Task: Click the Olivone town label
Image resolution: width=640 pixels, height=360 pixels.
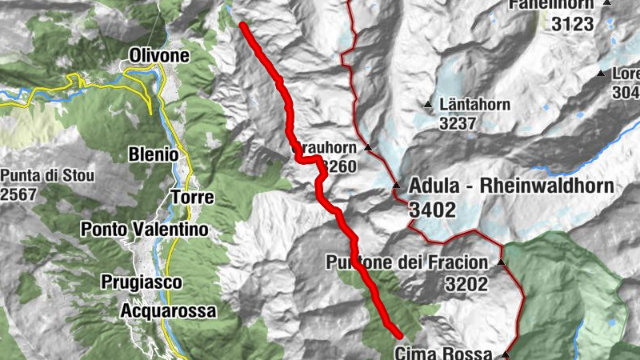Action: pos(159,56)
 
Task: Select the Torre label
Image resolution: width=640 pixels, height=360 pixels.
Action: pos(191,197)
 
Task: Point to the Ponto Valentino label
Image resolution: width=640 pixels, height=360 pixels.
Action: pos(144,230)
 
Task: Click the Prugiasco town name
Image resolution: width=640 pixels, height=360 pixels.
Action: pos(142,282)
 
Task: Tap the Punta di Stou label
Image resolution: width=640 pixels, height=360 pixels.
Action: pos(48,176)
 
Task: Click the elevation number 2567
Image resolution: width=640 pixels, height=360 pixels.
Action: pos(20,195)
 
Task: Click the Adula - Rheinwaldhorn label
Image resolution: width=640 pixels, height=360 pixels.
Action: pos(510,186)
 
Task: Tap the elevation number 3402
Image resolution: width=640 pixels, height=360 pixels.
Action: pos(431,210)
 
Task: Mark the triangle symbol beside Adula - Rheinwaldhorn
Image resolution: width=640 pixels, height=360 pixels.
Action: pos(396,186)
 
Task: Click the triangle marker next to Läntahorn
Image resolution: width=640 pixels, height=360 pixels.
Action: pos(429,105)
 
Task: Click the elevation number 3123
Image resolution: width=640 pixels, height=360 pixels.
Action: pos(573,25)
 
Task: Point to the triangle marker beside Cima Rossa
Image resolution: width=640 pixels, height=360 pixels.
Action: pos(506,354)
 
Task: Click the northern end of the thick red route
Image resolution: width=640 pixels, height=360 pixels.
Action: pos(242,26)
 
